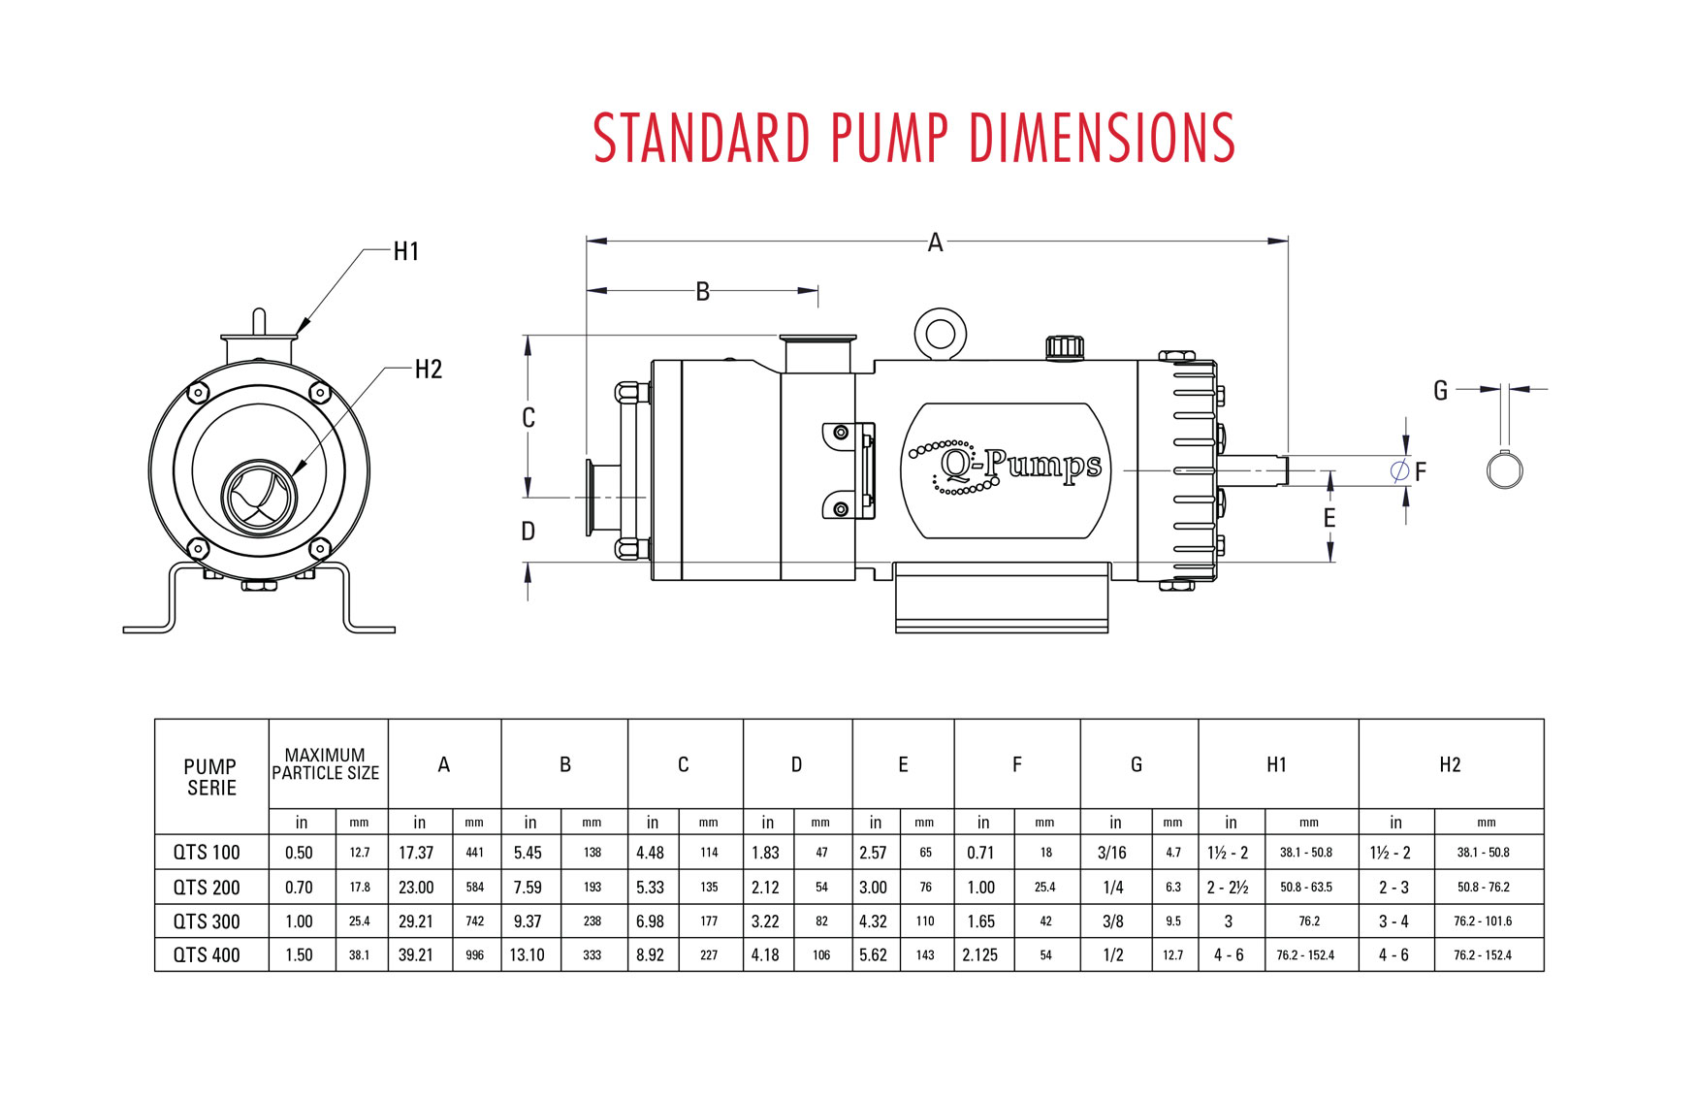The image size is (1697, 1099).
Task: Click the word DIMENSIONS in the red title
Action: [x=1102, y=137]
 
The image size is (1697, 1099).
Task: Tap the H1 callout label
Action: [x=406, y=252]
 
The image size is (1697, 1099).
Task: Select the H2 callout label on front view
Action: [x=428, y=370]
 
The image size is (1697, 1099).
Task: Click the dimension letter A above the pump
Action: [x=935, y=242]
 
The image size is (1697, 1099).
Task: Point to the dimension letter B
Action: [x=703, y=291]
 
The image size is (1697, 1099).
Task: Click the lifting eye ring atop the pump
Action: [x=940, y=334]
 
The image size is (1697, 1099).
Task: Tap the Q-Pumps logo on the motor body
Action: [x=1006, y=469]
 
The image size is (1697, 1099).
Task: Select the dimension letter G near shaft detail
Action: [x=1440, y=391]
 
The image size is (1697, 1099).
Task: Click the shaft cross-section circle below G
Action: [x=1504, y=471]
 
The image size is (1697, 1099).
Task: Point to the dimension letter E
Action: [x=1329, y=518]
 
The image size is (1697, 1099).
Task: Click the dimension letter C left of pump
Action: [x=528, y=418]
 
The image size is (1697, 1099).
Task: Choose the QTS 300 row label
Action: [x=207, y=921]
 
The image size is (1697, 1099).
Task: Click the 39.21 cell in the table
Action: [x=416, y=955]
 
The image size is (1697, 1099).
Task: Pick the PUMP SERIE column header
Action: [x=210, y=777]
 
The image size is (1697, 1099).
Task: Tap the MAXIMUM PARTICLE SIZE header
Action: [x=326, y=764]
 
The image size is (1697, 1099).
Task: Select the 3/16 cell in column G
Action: [x=1112, y=853]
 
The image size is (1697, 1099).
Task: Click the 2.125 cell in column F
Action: [x=980, y=955]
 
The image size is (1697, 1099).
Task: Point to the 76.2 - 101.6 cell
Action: [x=1483, y=921]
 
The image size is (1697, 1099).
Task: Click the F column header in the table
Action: [x=1016, y=765]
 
